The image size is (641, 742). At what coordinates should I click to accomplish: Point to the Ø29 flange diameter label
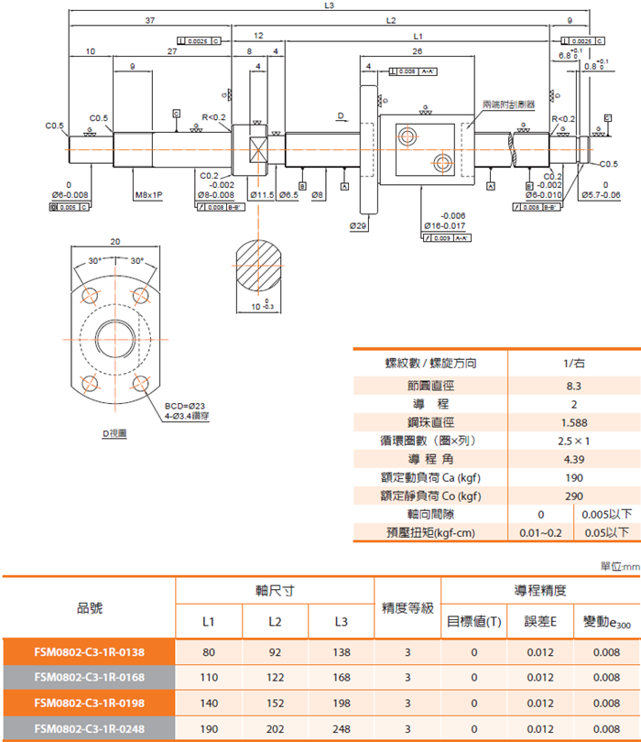click(x=358, y=224)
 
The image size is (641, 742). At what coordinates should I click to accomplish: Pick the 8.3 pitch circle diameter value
click(x=574, y=386)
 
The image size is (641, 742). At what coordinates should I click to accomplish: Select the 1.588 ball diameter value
click(x=574, y=422)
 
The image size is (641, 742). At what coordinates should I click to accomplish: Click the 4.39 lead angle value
click(x=574, y=459)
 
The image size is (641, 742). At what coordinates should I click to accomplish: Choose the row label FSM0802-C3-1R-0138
click(x=89, y=651)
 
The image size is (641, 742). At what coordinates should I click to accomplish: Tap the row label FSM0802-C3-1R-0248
click(x=89, y=728)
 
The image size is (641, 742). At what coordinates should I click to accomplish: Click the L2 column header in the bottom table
click(x=275, y=622)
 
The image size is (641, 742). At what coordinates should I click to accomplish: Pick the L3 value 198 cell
click(x=341, y=703)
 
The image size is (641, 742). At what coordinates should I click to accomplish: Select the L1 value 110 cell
click(x=209, y=677)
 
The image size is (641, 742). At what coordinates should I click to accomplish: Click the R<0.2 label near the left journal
click(x=213, y=117)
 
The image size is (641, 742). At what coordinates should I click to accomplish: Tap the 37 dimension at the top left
click(x=149, y=20)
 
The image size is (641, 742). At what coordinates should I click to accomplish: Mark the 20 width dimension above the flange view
click(x=115, y=242)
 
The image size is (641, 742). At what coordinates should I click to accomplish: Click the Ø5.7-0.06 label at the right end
click(x=601, y=195)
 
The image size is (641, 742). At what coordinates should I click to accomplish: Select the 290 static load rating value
click(x=574, y=496)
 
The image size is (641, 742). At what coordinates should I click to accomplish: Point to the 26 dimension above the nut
click(x=418, y=52)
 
